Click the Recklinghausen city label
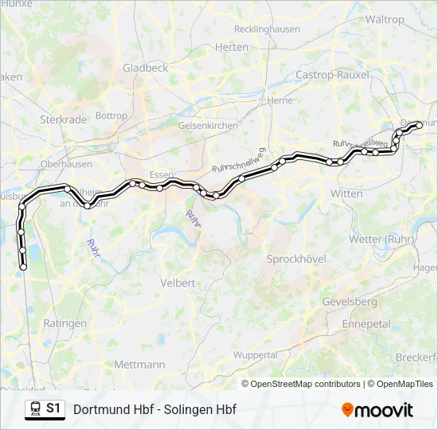267,29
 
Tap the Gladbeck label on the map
145,68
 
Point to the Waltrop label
385,19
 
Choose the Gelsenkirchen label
208,126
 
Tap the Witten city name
346,193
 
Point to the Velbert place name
178,283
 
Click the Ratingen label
65,323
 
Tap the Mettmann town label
139,364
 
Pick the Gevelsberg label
350,302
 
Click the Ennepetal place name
366,324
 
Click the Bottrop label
111,116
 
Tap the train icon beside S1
34,409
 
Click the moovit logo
377,410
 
